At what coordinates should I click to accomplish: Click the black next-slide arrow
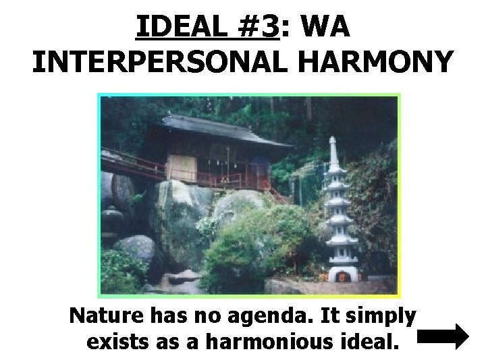pyautogui.click(x=443, y=336)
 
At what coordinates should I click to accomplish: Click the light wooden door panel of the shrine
pyautogui.click(x=180, y=167)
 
